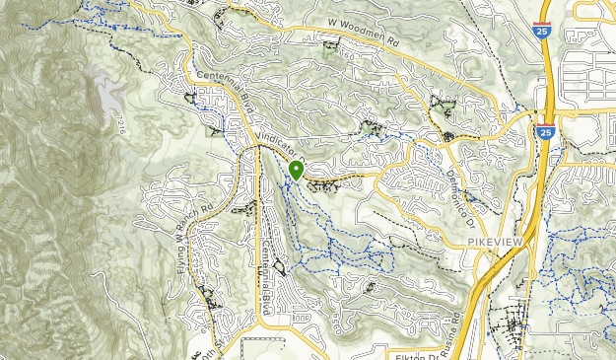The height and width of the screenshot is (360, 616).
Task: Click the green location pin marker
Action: (x=296, y=171)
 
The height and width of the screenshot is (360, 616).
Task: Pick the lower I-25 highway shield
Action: (x=546, y=131)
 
